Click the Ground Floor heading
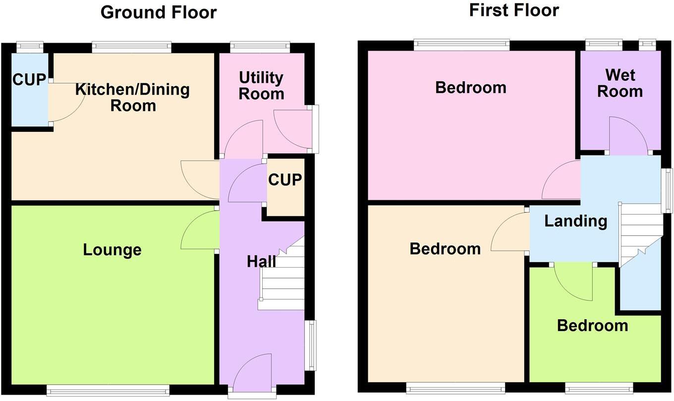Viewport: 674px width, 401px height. click(x=158, y=12)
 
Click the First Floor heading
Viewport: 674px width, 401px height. click(x=514, y=10)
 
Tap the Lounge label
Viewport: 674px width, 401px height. click(x=112, y=250)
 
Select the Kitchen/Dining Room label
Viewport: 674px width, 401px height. click(x=133, y=97)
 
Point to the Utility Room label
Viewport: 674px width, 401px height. click(x=261, y=86)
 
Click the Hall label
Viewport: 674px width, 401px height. click(x=261, y=261)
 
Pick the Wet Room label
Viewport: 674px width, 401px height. click(x=620, y=84)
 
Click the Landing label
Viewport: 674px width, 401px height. click(x=575, y=221)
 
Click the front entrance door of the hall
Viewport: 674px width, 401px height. click(x=253, y=377)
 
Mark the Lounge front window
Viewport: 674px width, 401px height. click(x=108, y=391)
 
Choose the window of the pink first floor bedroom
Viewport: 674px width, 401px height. click(x=461, y=45)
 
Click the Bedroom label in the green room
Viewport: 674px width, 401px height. click(x=592, y=326)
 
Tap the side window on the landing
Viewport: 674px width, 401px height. click(x=669, y=190)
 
